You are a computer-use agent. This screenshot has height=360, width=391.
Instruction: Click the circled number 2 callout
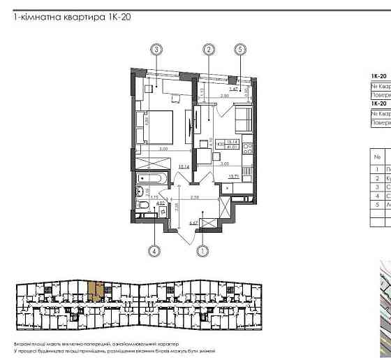coord(208,49)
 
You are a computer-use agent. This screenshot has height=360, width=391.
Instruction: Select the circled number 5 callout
coord(240,49)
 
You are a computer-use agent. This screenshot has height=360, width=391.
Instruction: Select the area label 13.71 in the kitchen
coord(235,177)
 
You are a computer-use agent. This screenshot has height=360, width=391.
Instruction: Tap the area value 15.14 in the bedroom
coord(184,166)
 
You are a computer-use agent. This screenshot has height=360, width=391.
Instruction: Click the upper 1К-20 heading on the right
coord(378,75)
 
